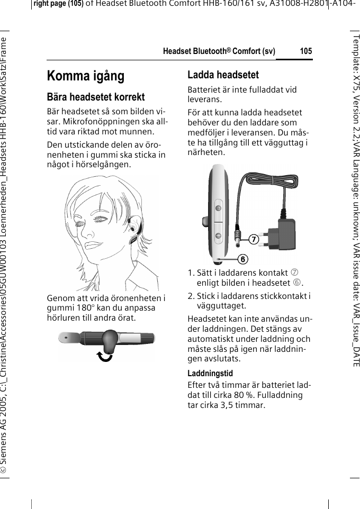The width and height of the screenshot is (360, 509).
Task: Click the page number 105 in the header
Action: (x=305, y=51)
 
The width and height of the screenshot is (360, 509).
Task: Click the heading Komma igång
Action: (x=86, y=76)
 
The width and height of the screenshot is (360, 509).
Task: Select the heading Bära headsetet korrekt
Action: (x=96, y=97)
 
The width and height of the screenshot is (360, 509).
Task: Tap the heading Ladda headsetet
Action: (x=223, y=75)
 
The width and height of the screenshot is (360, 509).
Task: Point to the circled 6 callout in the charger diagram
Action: (x=241, y=259)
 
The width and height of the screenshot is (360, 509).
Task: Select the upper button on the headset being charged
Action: (x=218, y=208)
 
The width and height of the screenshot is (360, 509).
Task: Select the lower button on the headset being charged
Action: (x=218, y=235)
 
